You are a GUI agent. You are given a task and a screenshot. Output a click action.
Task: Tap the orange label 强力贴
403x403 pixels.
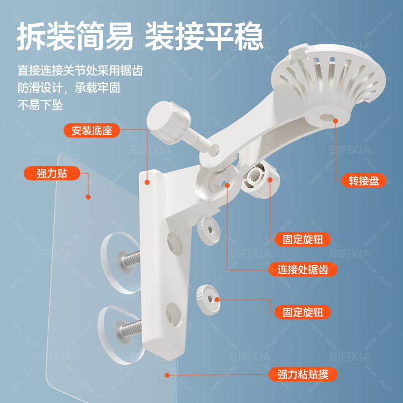pos(52,174)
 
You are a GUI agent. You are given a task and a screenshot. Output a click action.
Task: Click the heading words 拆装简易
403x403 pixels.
pos(75,37)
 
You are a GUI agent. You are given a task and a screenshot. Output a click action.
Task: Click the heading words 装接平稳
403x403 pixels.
pos(204,37)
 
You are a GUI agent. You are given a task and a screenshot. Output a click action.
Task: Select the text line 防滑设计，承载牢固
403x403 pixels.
pos(69,88)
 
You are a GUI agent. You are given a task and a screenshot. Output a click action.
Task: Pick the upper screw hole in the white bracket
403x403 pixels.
pos(175,244)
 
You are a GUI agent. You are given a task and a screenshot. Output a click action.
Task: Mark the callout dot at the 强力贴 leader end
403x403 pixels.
pos(88,197)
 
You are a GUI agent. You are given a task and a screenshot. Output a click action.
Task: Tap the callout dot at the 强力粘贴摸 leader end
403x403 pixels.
pos(167,374)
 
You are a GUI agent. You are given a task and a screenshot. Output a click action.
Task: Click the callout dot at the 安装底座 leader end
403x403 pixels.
pos(147,182)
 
